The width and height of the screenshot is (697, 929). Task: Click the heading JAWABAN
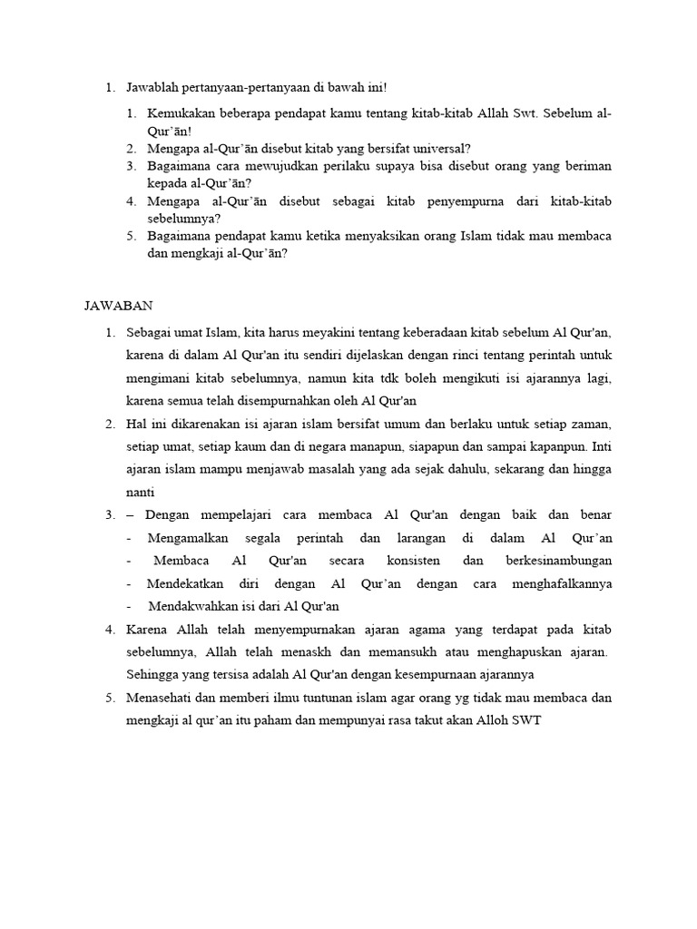point(113,306)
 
